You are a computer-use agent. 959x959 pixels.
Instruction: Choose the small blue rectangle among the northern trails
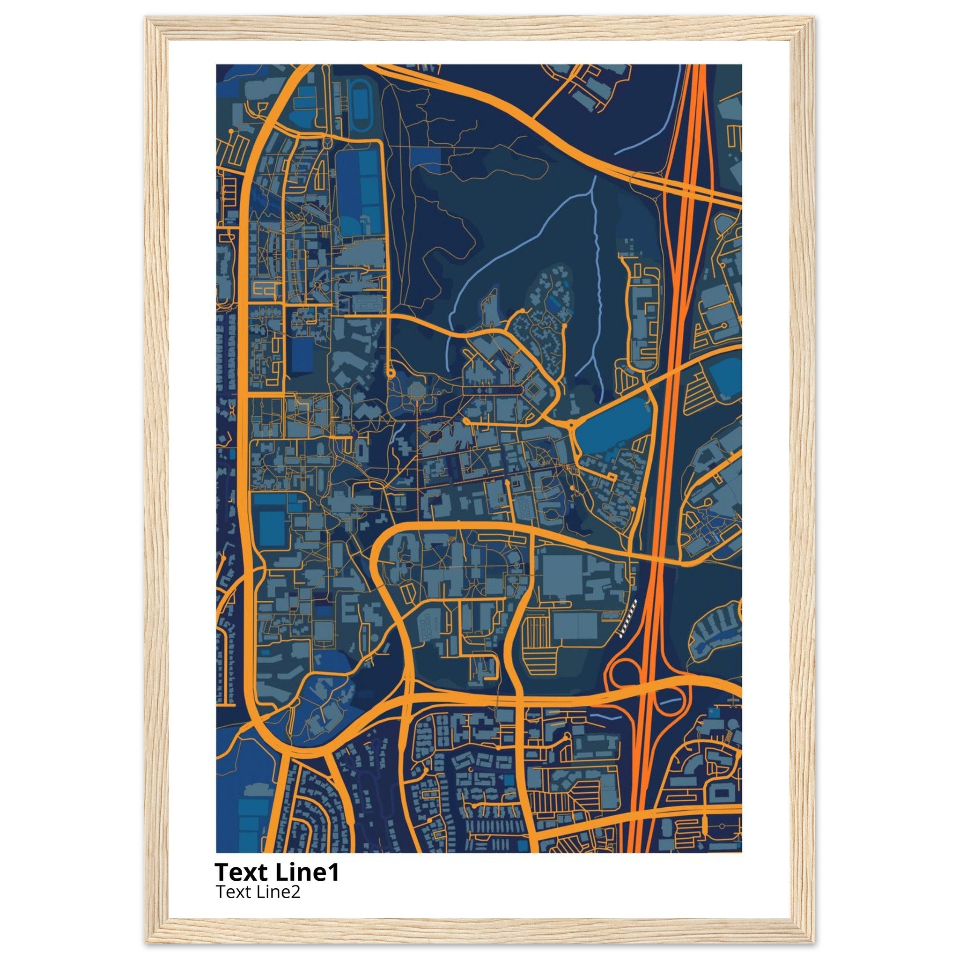(426, 162)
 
